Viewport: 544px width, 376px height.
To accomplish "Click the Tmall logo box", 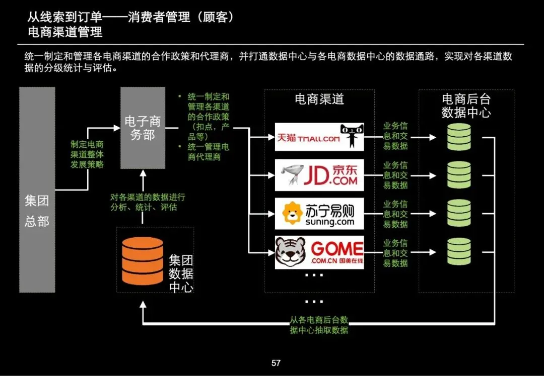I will click(319, 137).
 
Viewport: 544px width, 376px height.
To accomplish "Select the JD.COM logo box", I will click(319, 175).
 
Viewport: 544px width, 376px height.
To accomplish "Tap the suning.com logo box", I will click(319, 214).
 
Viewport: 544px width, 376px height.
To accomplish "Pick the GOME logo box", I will click(319, 252).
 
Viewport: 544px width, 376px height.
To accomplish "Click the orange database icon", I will click(143, 260).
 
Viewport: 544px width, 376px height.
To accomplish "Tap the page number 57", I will click(276, 363).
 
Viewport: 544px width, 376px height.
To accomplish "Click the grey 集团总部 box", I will click(37, 190).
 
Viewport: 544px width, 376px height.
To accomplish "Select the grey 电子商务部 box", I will click(143, 128).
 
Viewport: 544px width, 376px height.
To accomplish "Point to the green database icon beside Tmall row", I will click(458, 137).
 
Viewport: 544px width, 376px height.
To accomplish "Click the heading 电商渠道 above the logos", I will click(319, 99).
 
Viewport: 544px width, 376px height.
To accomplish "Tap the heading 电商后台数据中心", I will click(466, 106).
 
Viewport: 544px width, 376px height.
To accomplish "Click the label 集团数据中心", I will click(181, 274).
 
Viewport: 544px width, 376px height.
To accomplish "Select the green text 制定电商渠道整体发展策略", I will click(87, 154).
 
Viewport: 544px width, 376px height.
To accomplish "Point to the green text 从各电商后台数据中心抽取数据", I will click(319, 325).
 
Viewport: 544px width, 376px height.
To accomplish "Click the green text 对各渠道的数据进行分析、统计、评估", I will click(144, 202).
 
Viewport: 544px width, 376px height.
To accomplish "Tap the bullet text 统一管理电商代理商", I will click(208, 152).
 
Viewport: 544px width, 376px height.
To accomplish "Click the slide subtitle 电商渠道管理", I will click(65, 32).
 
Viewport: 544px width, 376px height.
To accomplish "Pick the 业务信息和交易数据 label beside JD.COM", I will click(395, 175).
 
